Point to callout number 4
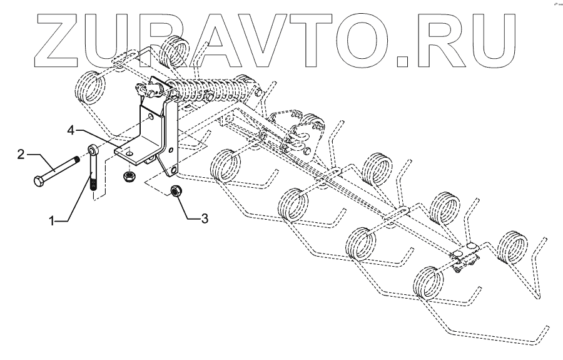point(72,130)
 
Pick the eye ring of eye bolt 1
point(91,150)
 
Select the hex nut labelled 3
point(176,192)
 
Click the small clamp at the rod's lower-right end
point(464,260)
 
